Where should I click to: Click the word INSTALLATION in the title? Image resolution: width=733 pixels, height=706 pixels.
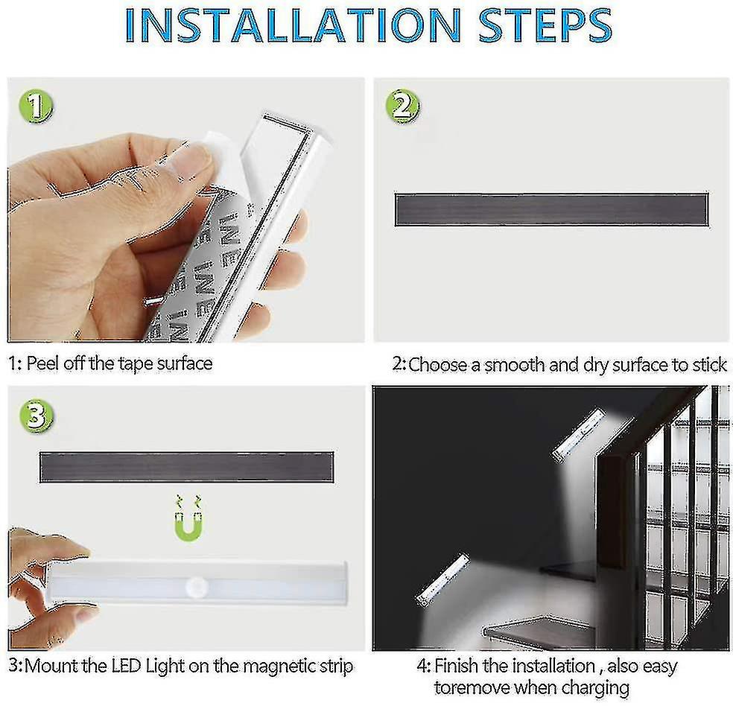click(x=293, y=26)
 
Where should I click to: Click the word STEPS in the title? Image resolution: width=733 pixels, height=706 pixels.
click(x=545, y=26)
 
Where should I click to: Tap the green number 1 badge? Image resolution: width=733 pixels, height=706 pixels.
click(x=37, y=106)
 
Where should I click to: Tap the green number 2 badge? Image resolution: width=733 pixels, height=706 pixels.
click(x=402, y=106)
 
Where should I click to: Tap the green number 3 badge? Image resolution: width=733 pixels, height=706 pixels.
click(x=37, y=416)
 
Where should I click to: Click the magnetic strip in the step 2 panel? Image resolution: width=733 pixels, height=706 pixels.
click(x=552, y=210)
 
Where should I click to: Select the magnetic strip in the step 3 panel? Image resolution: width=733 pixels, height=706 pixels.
click(x=186, y=467)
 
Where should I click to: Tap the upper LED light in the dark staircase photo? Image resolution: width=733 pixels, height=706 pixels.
click(x=579, y=434)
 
